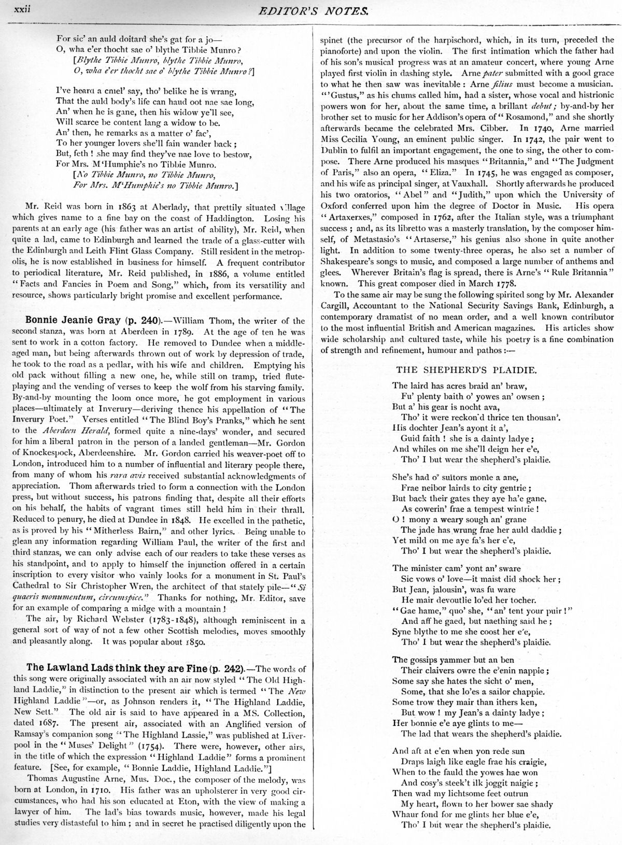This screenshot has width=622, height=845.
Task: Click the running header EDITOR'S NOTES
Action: tap(323, 9)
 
